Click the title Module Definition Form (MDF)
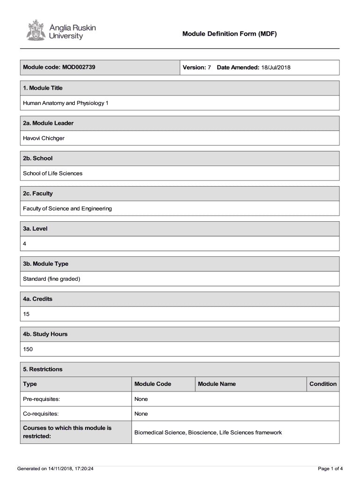(230, 34)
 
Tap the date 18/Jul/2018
(276, 68)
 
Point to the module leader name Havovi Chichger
(44, 138)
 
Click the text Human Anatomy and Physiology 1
(65, 103)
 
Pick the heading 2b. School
(38, 159)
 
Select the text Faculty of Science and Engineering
(67, 209)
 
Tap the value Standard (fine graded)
(52, 279)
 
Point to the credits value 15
(26, 314)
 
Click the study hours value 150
(28, 349)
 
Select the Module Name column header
(217, 384)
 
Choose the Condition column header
(323, 384)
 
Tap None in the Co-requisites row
(141, 414)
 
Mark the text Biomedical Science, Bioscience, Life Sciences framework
(208, 433)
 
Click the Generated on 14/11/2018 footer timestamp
(55, 468)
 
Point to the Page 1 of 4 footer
(330, 468)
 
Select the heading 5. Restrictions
(43, 370)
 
